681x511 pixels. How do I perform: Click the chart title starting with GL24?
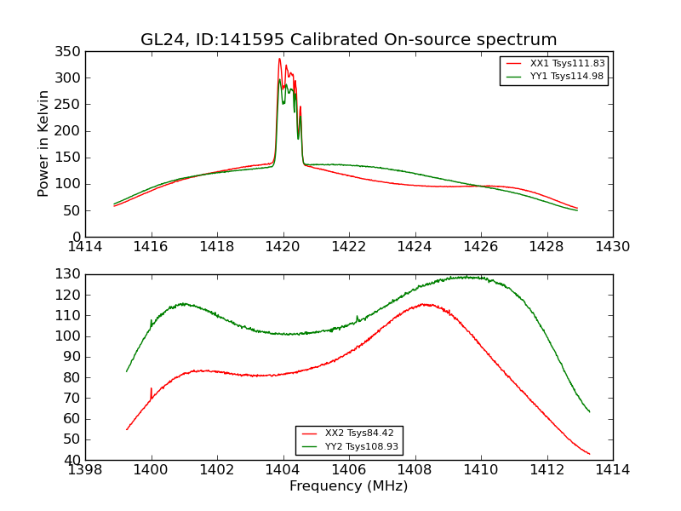[x=349, y=40]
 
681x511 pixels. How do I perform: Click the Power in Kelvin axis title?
[x=44, y=143]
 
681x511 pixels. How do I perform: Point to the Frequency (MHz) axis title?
[x=349, y=486]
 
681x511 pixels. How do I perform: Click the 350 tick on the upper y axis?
[x=71, y=52]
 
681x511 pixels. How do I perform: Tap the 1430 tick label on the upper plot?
[x=612, y=247]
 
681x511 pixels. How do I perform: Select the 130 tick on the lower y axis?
[x=71, y=274]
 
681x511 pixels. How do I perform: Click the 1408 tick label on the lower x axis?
[x=415, y=470]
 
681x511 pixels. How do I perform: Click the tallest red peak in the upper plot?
[x=279, y=59]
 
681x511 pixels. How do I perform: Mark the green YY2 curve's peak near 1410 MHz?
[x=466, y=277]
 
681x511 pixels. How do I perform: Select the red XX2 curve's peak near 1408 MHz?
[x=426, y=304]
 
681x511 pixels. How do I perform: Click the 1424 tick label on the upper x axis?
[x=415, y=247]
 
